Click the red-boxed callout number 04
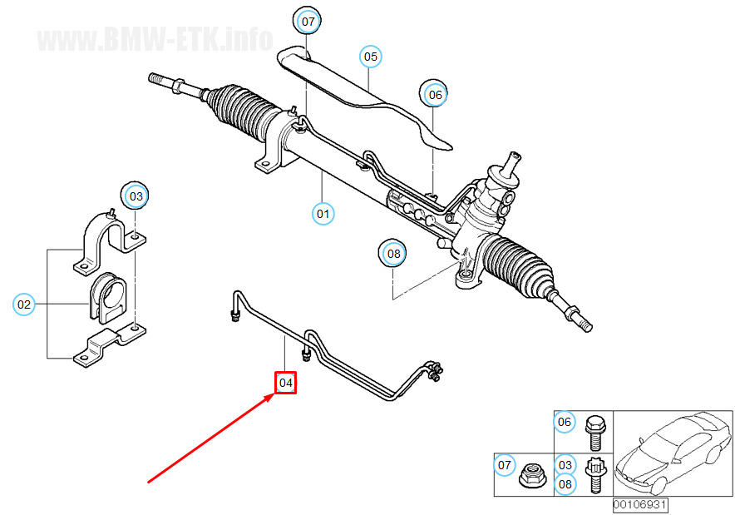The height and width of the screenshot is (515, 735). pyautogui.click(x=285, y=383)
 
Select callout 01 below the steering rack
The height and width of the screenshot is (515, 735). pyautogui.click(x=323, y=214)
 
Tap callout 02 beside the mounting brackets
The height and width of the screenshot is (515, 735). pyautogui.click(x=24, y=305)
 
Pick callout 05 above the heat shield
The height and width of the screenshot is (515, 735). pyautogui.click(x=370, y=57)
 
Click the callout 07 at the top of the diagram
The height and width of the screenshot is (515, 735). pyautogui.click(x=308, y=22)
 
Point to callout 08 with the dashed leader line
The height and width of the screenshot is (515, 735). pyautogui.click(x=393, y=253)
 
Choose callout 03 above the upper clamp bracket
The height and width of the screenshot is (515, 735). pyautogui.click(x=136, y=196)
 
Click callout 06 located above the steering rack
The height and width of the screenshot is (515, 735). pyautogui.click(x=435, y=95)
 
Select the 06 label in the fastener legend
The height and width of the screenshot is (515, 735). pyautogui.click(x=565, y=422)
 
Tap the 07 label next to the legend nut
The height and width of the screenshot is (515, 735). pyautogui.click(x=505, y=465)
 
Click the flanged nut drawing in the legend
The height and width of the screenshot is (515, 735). pyautogui.click(x=531, y=476)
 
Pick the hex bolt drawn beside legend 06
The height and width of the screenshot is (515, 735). pyautogui.click(x=595, y=432)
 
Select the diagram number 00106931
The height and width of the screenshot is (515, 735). pyautogui.click(x=640, y=504)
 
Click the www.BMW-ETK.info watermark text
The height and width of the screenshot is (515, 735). pyautogui.click(x=155, y=39)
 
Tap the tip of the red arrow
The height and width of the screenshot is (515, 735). pyautogui.click(x=274, y=395)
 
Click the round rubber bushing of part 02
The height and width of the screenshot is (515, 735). pyautogui.click(x=108, y=298)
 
